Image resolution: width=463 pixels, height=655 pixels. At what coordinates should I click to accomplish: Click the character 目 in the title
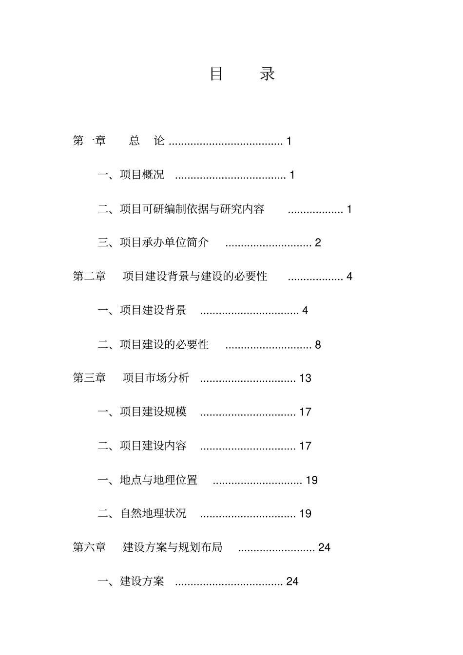coord(216,74)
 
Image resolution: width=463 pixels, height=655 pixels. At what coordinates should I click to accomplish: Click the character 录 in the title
coord(268,74)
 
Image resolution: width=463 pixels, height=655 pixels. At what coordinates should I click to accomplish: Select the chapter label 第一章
coord(90,141)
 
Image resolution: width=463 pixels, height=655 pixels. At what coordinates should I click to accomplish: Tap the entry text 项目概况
coord(142,175)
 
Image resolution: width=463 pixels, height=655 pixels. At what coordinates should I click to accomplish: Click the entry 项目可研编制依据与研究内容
coord(192,209)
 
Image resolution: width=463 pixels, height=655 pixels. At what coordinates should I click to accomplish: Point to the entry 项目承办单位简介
coord(164,243)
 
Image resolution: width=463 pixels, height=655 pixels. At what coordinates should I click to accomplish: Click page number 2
coord(318,243)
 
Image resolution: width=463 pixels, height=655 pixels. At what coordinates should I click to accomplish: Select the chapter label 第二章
coord(90,276)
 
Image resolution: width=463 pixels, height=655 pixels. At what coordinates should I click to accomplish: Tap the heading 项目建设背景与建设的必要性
coord(195,276)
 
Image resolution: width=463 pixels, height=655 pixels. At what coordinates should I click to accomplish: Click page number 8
coord(318,345)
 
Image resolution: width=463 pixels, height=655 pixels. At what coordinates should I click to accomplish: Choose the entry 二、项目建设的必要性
coord(153,345)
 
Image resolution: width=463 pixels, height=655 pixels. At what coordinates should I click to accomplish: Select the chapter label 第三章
coord(90,378)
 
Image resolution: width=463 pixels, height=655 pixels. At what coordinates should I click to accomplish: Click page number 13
coord(305,378)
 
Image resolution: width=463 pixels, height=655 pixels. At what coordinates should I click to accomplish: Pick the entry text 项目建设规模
coord(153,412)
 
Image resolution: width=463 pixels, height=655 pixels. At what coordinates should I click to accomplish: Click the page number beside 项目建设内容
coord(305,446)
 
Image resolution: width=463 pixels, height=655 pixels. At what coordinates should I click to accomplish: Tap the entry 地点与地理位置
coord(158,480)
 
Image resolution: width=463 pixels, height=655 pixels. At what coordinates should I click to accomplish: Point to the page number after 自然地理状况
coord(305,514)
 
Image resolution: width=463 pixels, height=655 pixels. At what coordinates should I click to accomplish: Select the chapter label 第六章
coord(90,547)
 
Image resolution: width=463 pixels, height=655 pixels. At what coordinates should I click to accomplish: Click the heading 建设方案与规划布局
coord(173,547)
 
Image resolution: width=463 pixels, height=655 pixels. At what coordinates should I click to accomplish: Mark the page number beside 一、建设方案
coord(292,581)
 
